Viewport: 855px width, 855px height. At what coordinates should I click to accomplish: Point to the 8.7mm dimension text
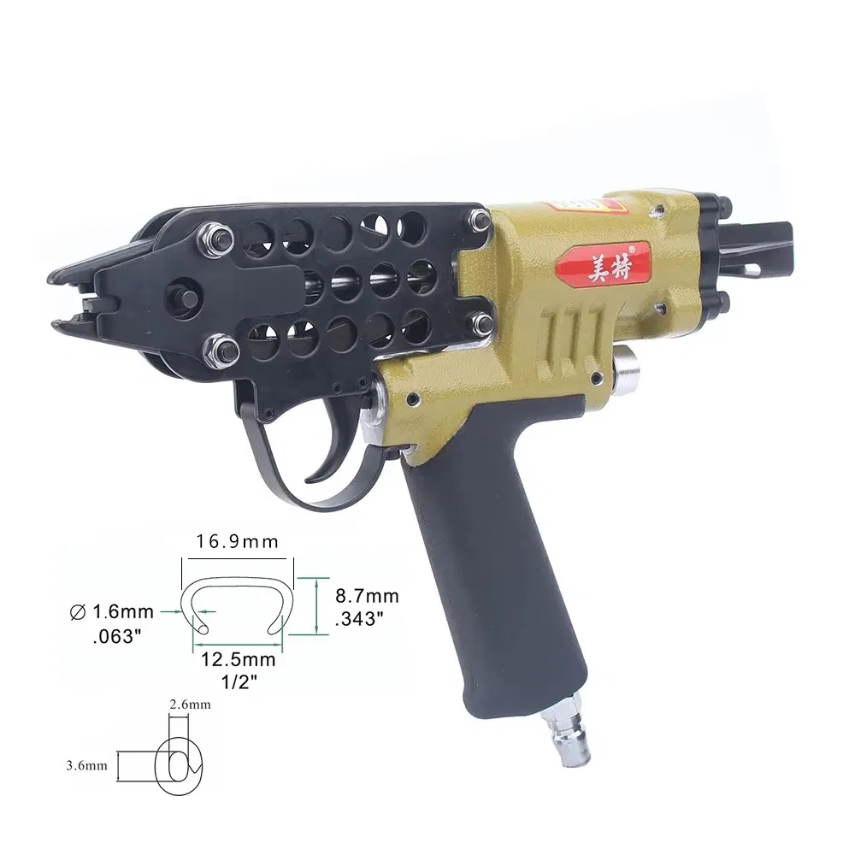[x=368, y=596]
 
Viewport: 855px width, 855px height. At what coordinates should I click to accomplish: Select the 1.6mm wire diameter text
[x=122, y=611]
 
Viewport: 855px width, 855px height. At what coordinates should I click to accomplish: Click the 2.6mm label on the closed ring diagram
[x=190, y=705]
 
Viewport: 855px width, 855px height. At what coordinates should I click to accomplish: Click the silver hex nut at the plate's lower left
[x=224, y=349]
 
